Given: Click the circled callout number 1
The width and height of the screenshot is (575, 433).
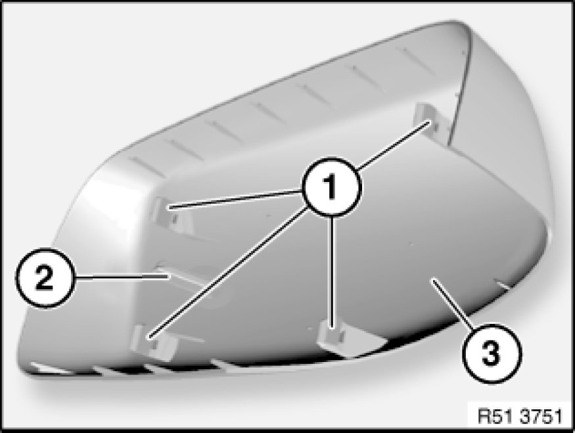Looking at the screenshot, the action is [331, 187].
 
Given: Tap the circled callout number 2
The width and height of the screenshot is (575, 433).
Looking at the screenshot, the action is [45, 277].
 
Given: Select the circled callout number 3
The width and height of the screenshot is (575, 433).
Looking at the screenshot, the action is [492, 353].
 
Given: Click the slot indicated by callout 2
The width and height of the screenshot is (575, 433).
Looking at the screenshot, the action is [183, 276].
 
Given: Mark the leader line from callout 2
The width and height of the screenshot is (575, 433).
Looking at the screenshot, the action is [122, 277].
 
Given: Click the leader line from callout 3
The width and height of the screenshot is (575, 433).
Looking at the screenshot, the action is [453, 302].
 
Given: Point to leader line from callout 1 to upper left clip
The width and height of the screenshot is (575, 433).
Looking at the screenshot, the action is [235, 200].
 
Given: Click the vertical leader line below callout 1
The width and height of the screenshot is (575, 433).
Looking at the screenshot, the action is [333, 271].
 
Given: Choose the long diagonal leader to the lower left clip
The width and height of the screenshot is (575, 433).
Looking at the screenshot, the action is [227, 272].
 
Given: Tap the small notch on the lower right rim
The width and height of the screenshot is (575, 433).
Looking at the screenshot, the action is [502, 283].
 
